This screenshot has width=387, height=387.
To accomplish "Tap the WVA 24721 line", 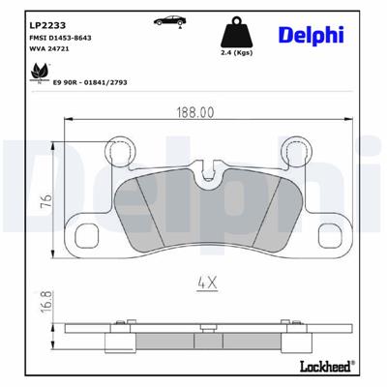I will [x=50, y=47].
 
